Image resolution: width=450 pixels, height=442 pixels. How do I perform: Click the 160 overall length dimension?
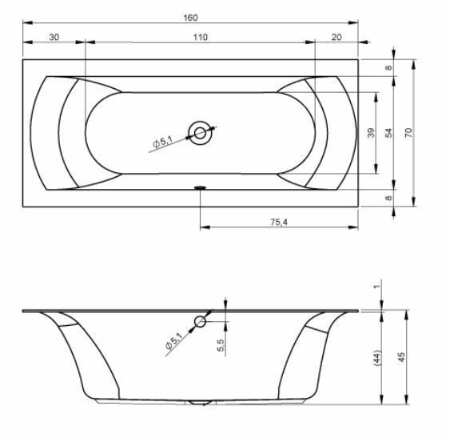190,18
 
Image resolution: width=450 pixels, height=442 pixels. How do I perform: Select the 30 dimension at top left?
54,37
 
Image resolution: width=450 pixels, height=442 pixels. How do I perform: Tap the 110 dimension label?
200,37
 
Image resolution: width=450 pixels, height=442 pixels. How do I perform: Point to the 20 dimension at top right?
337,37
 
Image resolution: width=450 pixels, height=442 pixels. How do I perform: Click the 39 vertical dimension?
371,133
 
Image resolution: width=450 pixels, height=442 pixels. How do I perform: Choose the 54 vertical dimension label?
388,133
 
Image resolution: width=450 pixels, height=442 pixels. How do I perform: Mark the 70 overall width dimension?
408,133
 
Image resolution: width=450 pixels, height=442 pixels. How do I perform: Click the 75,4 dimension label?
279,222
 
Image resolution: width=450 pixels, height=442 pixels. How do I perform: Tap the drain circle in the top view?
200,133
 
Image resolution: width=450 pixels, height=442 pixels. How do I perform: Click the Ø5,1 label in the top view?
162,142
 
